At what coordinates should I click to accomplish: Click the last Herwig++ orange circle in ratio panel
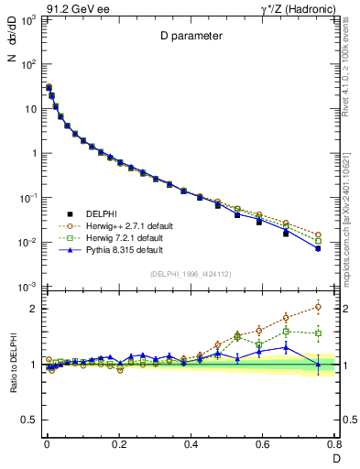318,307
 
